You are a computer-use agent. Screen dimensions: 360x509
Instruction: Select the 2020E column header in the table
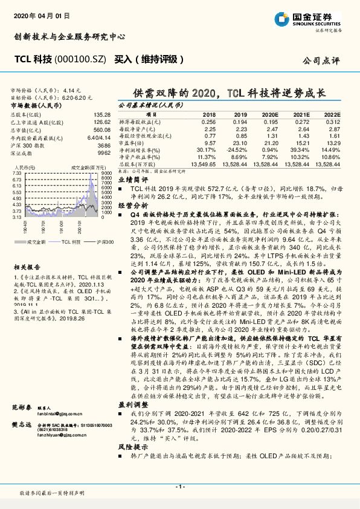(270, 114)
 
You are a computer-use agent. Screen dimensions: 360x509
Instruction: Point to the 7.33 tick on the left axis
(18, 173)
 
